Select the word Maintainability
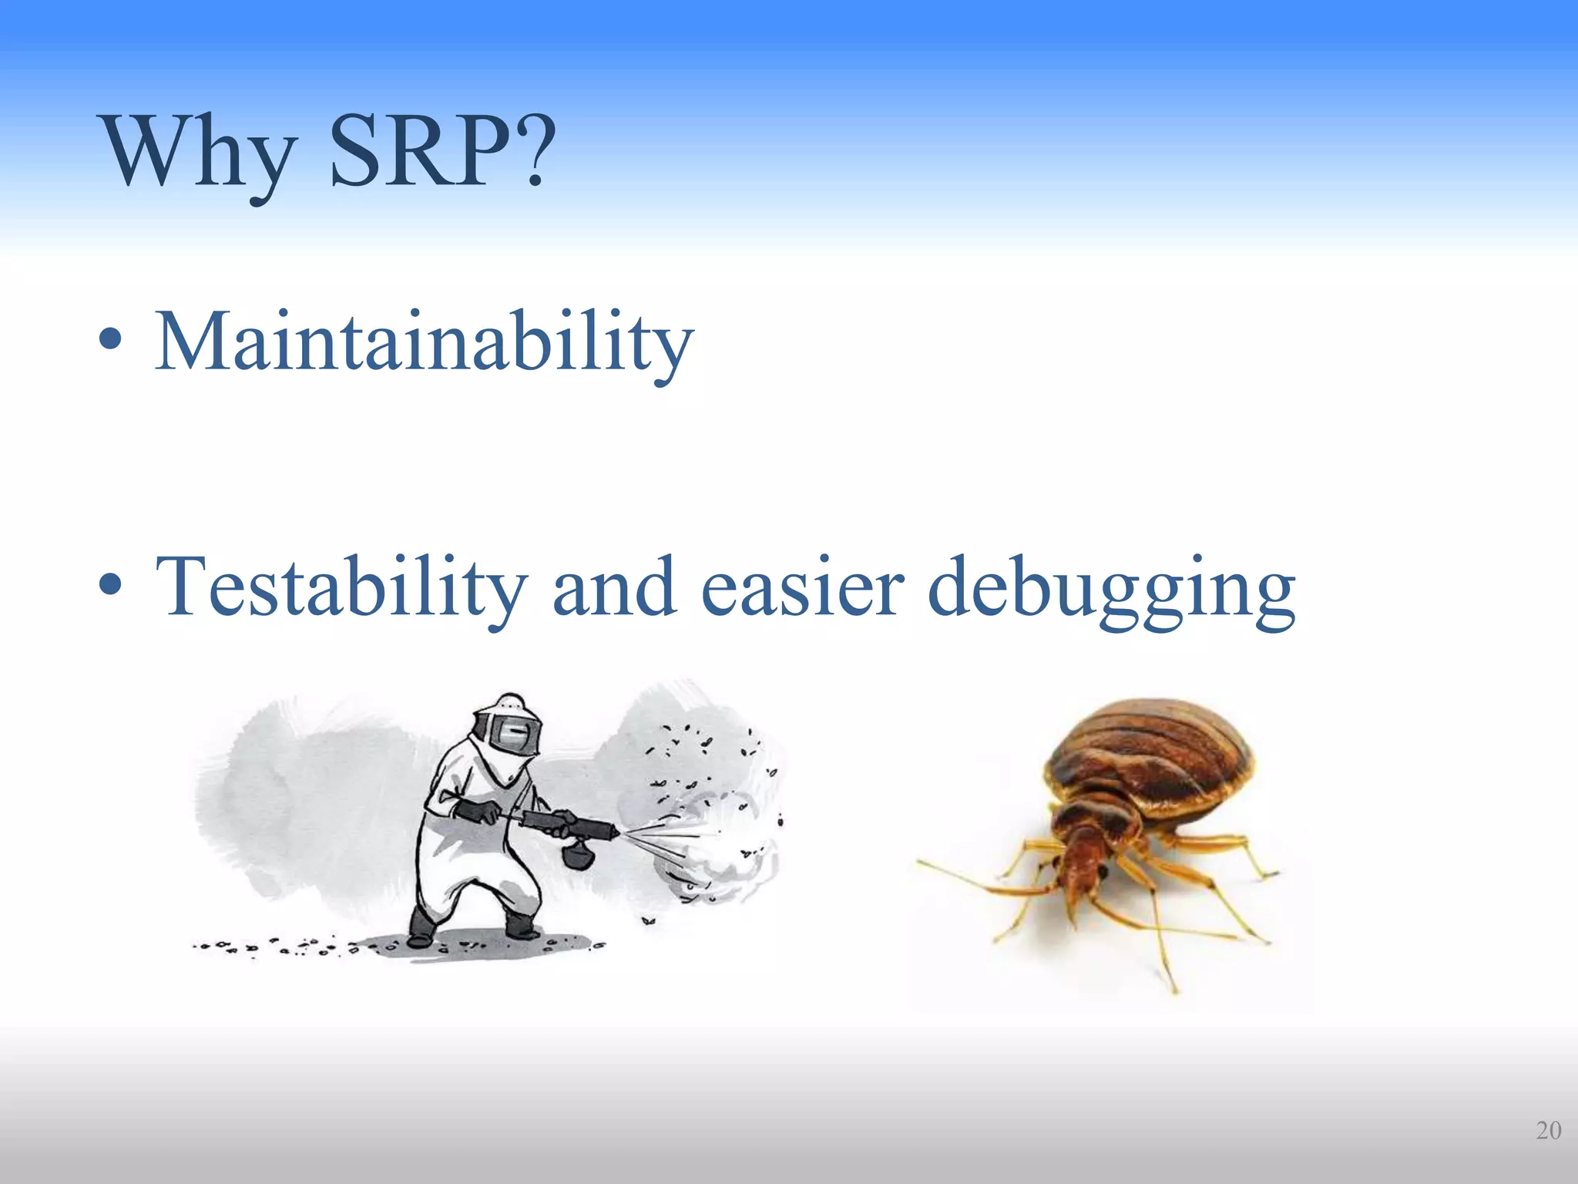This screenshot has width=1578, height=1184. (x=424, y=341)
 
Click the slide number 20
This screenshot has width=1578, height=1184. (x=1548, y=1131)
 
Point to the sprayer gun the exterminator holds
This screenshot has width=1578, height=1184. (x=570, y=825)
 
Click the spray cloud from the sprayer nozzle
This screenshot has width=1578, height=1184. (x=717, y=840)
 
